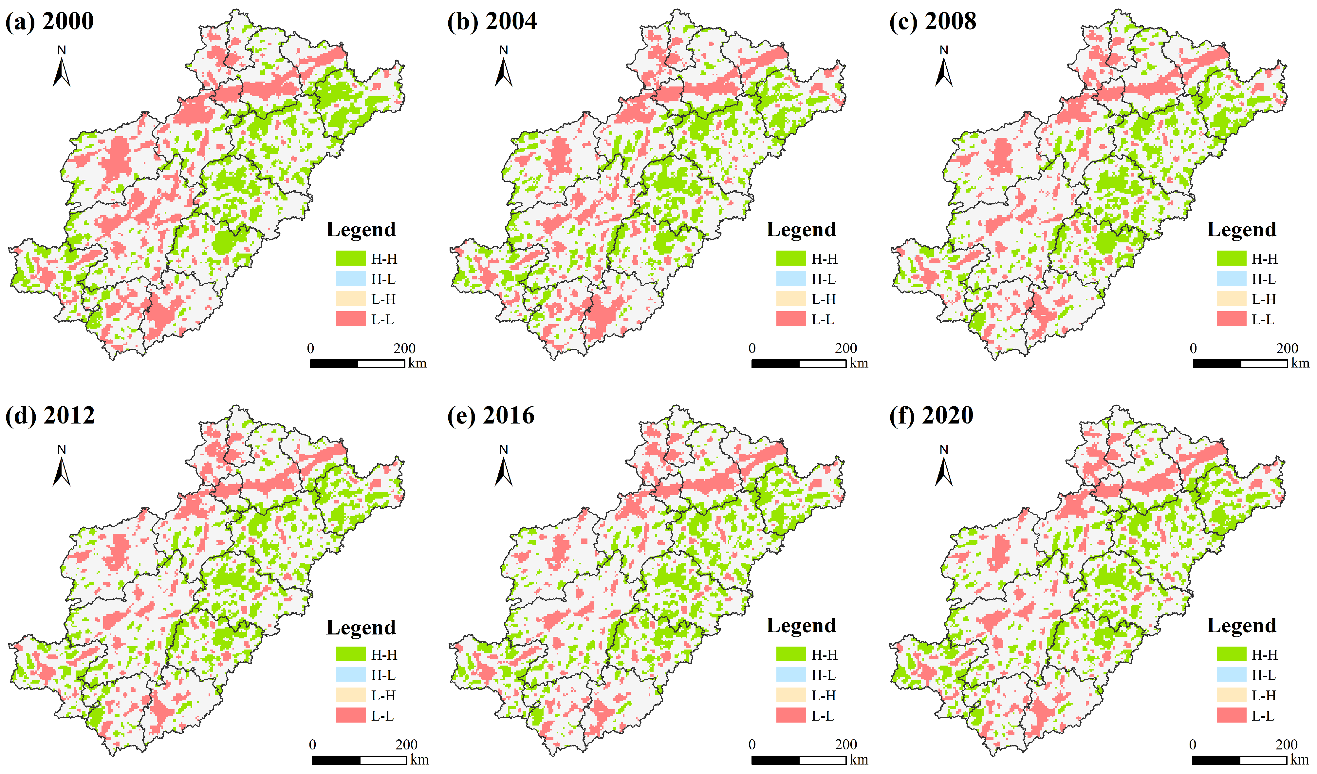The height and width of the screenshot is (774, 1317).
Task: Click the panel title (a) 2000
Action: (x=50, y=21)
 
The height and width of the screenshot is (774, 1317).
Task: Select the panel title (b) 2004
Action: (x=492, y=21)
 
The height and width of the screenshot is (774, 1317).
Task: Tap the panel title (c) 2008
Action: (x=933, y=21)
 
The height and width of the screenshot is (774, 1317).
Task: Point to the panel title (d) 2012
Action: (x=50, y=415)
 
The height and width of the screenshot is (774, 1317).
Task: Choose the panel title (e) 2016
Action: (x=491, y=415)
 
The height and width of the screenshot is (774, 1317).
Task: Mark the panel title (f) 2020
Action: (x=932, y=415)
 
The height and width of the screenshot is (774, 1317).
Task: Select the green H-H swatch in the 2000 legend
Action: (x=351, y=258)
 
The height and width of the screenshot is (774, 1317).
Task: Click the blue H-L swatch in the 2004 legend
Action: (x=791, y=278)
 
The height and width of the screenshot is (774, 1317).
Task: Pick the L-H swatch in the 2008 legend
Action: (x=1231, y=299)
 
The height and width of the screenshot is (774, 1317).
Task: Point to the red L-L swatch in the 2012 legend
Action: (x=351, y=715)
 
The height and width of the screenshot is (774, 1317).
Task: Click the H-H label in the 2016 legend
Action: (x=824, y=654)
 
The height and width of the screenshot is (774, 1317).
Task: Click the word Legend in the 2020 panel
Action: (x=1241, y=626)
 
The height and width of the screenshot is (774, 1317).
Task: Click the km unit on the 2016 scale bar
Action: (x=859, y=759)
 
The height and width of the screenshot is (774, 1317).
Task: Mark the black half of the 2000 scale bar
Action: (x=334, y=364)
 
